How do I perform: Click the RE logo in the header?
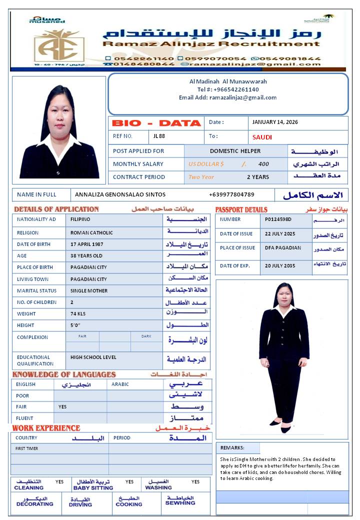click(x=59, y=45)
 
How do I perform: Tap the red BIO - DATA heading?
click(x=156, y=123)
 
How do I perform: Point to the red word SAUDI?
click(x=262, y=137)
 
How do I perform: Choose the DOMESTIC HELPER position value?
click(x=235, y=151)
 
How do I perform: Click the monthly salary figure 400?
click(x=263, y=164)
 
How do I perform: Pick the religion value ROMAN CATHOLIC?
click(x=91, y=232)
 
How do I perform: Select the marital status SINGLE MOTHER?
click(x=89, y=290)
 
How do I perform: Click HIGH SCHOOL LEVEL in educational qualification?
click(x=93, y=357)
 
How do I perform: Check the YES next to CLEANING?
click(x=59, y=482)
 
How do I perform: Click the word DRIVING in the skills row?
click(x=80, y=504)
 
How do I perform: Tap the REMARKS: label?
click(x=232, y=448)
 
